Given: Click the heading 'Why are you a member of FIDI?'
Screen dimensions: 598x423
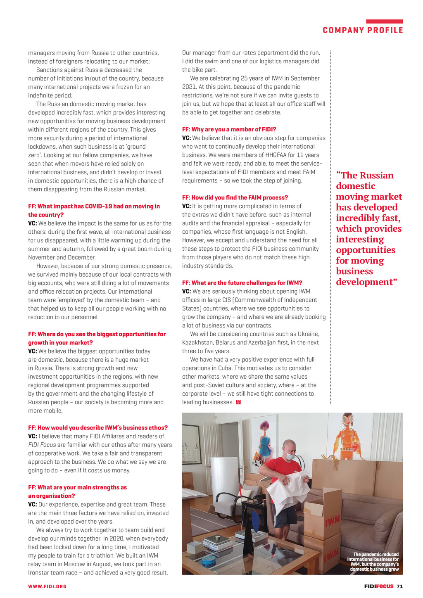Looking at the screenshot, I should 229,129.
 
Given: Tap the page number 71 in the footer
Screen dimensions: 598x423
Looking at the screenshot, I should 399,586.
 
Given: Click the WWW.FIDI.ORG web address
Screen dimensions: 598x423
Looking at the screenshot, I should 47,586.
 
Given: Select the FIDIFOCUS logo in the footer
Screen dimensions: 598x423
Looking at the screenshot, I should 379,586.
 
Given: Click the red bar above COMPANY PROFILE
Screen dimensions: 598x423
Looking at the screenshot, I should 384,21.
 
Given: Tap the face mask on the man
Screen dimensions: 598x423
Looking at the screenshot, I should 290,456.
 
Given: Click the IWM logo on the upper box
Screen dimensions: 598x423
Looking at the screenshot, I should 332,521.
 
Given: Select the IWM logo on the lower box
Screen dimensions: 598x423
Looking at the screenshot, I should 331,555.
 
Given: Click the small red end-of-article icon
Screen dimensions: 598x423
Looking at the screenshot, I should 238,402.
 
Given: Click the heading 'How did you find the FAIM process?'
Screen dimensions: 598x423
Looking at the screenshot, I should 235,197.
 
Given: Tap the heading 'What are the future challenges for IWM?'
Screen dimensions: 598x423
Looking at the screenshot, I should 242,283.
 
